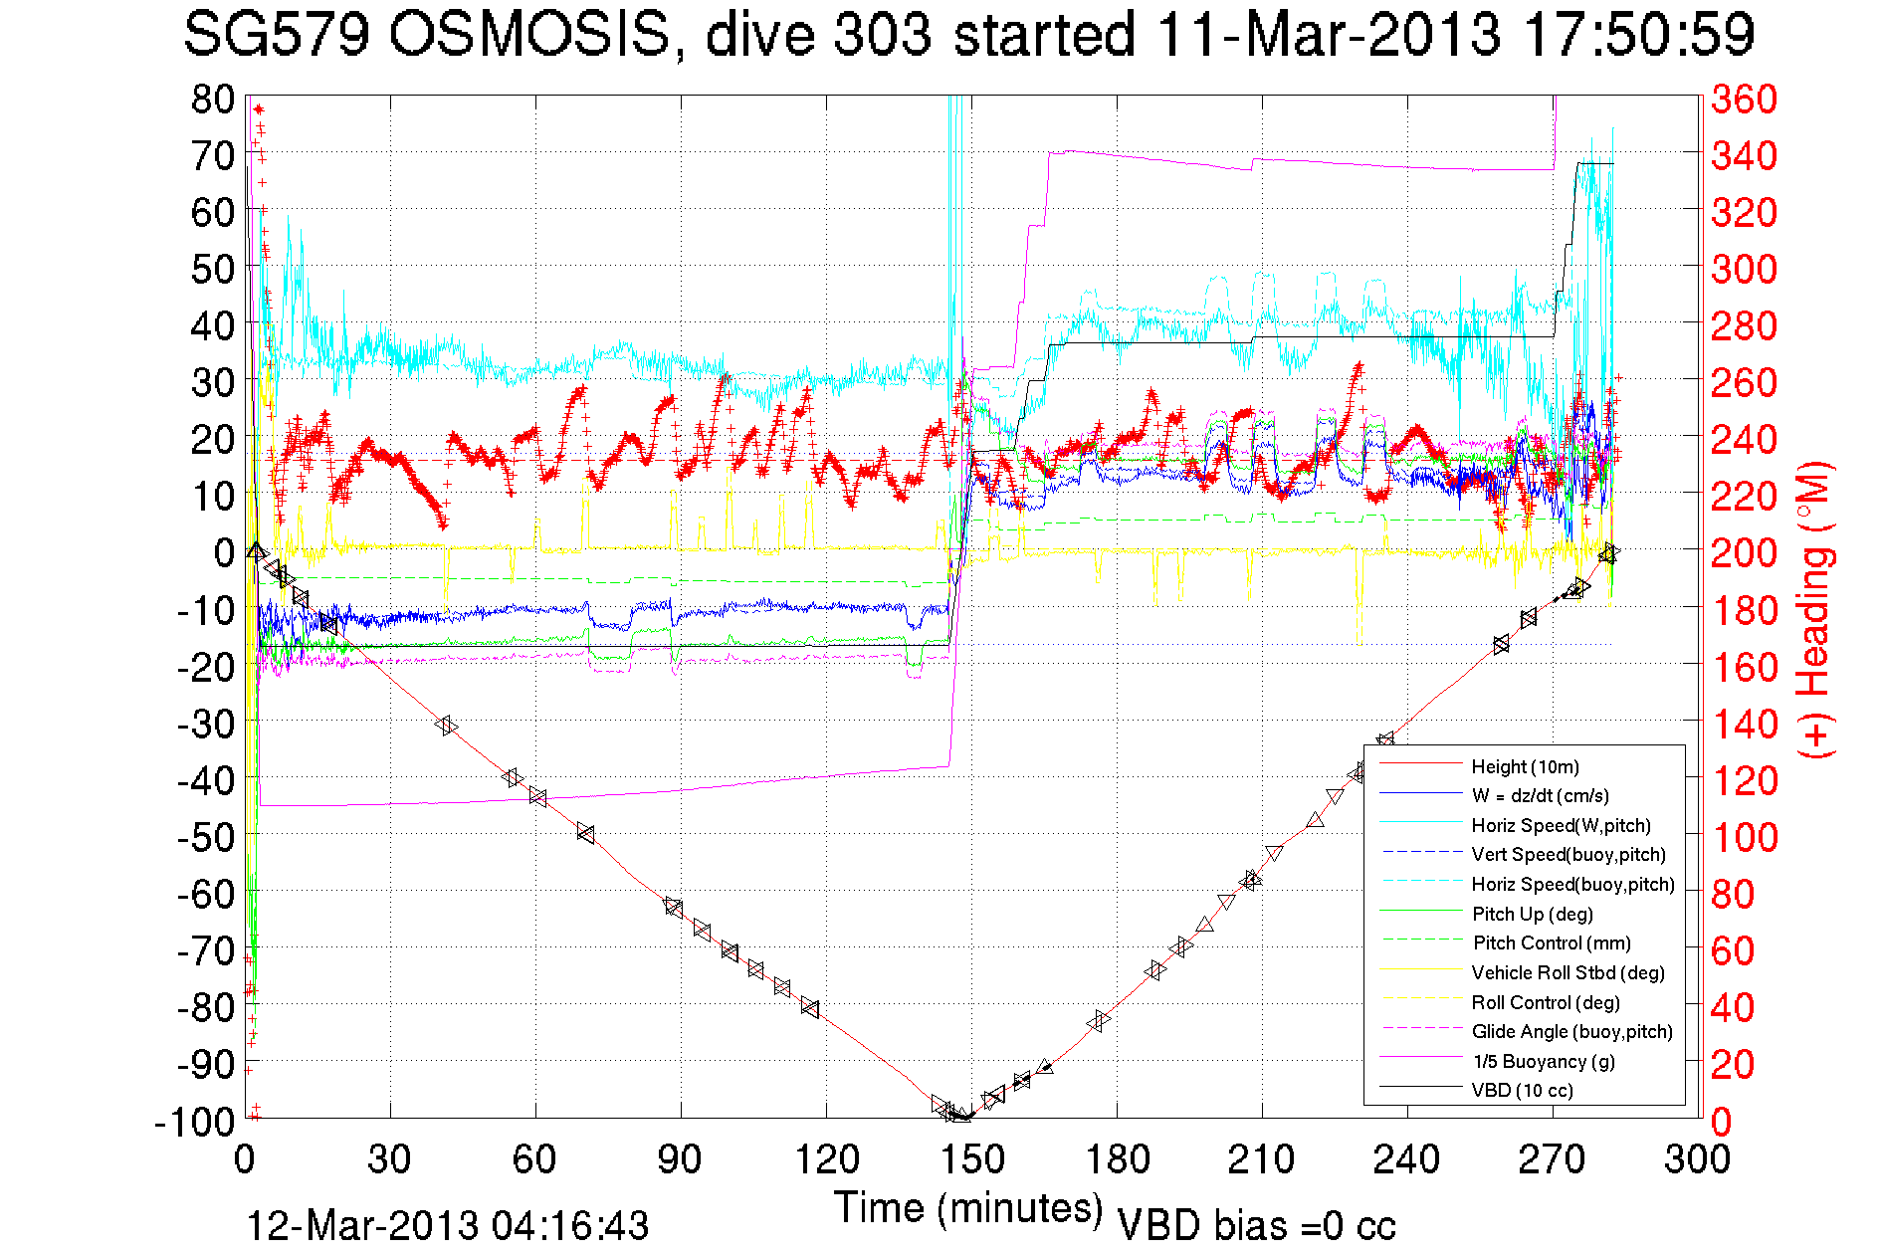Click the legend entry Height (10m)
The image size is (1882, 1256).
click(x=1525, y=766)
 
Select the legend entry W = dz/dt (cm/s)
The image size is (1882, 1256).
click(x=1540, y=795)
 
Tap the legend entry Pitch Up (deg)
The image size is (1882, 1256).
click(x=1532, y=914)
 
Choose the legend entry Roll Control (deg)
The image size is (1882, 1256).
click(x=1545, y=1002)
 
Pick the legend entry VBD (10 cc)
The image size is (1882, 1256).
click(x=1522, y=1090)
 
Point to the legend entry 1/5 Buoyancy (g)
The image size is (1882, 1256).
click(x=1544, y=1061)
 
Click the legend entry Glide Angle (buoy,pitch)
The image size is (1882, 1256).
click(x=1571, y=1031)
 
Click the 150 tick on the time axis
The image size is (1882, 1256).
click(x=972, y=1158)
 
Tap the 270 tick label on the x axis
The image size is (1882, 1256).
click(x=1553, y=1158)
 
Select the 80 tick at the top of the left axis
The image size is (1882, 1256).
click(x=213, y=99)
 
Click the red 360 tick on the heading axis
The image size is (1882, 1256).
click(x=1744, y=99)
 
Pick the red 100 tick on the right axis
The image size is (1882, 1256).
click(x=1744, y=837)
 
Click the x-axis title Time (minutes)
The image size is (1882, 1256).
click(x=968, y=1207)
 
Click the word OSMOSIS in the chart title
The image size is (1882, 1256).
click(x=528, y=35)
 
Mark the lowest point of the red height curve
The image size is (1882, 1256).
click(x=961, y=1118)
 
